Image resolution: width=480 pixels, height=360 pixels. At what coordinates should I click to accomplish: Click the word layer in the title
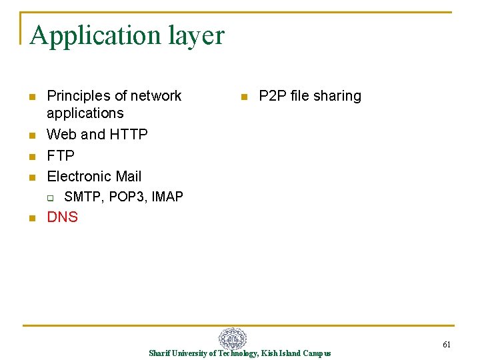point(193,35)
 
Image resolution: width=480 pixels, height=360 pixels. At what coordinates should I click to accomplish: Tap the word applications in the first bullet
point(85,113)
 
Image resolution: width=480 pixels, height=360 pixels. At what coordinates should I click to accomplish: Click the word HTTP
point(129,135)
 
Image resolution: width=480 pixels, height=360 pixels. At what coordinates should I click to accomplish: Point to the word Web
point(61,135)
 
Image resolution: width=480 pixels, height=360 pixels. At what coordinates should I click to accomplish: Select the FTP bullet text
point(61,155)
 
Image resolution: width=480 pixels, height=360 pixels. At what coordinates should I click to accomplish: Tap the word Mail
point(129,177)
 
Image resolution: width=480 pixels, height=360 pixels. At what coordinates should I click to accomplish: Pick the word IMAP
point(168,197)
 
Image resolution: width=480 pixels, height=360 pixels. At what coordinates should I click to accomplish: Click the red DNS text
point(63,217)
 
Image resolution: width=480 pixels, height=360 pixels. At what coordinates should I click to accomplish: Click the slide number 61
point(447,345)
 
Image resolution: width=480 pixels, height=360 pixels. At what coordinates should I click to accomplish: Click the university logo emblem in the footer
point(233,338)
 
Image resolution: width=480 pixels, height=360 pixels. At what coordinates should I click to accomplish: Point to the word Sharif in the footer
point(159,353)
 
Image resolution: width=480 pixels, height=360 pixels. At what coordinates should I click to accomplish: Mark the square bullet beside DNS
point(31,218)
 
